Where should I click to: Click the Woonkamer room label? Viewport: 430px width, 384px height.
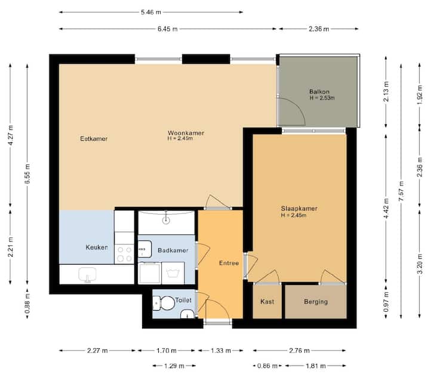tap(186, 133)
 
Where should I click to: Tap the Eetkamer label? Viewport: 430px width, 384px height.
tap(94, 139)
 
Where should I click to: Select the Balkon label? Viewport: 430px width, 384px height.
tap(319, 92)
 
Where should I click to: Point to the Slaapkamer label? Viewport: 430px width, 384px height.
tap(299, 209)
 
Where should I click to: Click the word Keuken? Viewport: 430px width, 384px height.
tap(97, 247)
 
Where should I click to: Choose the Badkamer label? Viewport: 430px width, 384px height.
tap(173, 250)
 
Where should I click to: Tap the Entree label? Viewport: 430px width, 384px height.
tap(229, 263)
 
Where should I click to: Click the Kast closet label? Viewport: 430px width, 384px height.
tap(267, 302)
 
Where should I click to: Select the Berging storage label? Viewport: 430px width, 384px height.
tap(316, 302)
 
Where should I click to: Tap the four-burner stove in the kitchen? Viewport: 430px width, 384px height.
tap(124, 254)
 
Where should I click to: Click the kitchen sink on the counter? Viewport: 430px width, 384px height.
tap(87, 274)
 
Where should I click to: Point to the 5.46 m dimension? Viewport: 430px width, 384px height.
tap(151, 13)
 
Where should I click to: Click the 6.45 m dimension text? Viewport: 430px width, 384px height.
tap(168, 29)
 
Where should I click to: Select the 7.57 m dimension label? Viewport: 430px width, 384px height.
tap(401, 191)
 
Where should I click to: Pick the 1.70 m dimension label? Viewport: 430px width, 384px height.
tap(166, 351)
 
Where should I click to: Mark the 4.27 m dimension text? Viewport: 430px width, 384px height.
tap(10, 135)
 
